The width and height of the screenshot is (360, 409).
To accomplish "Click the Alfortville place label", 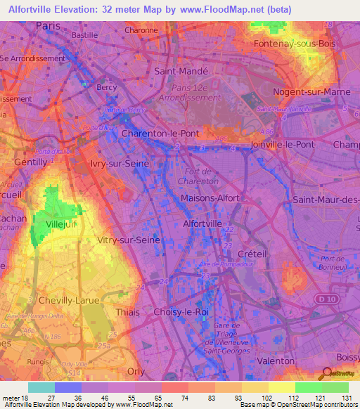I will [202, 223].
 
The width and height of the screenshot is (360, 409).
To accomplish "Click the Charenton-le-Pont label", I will [160, 133].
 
